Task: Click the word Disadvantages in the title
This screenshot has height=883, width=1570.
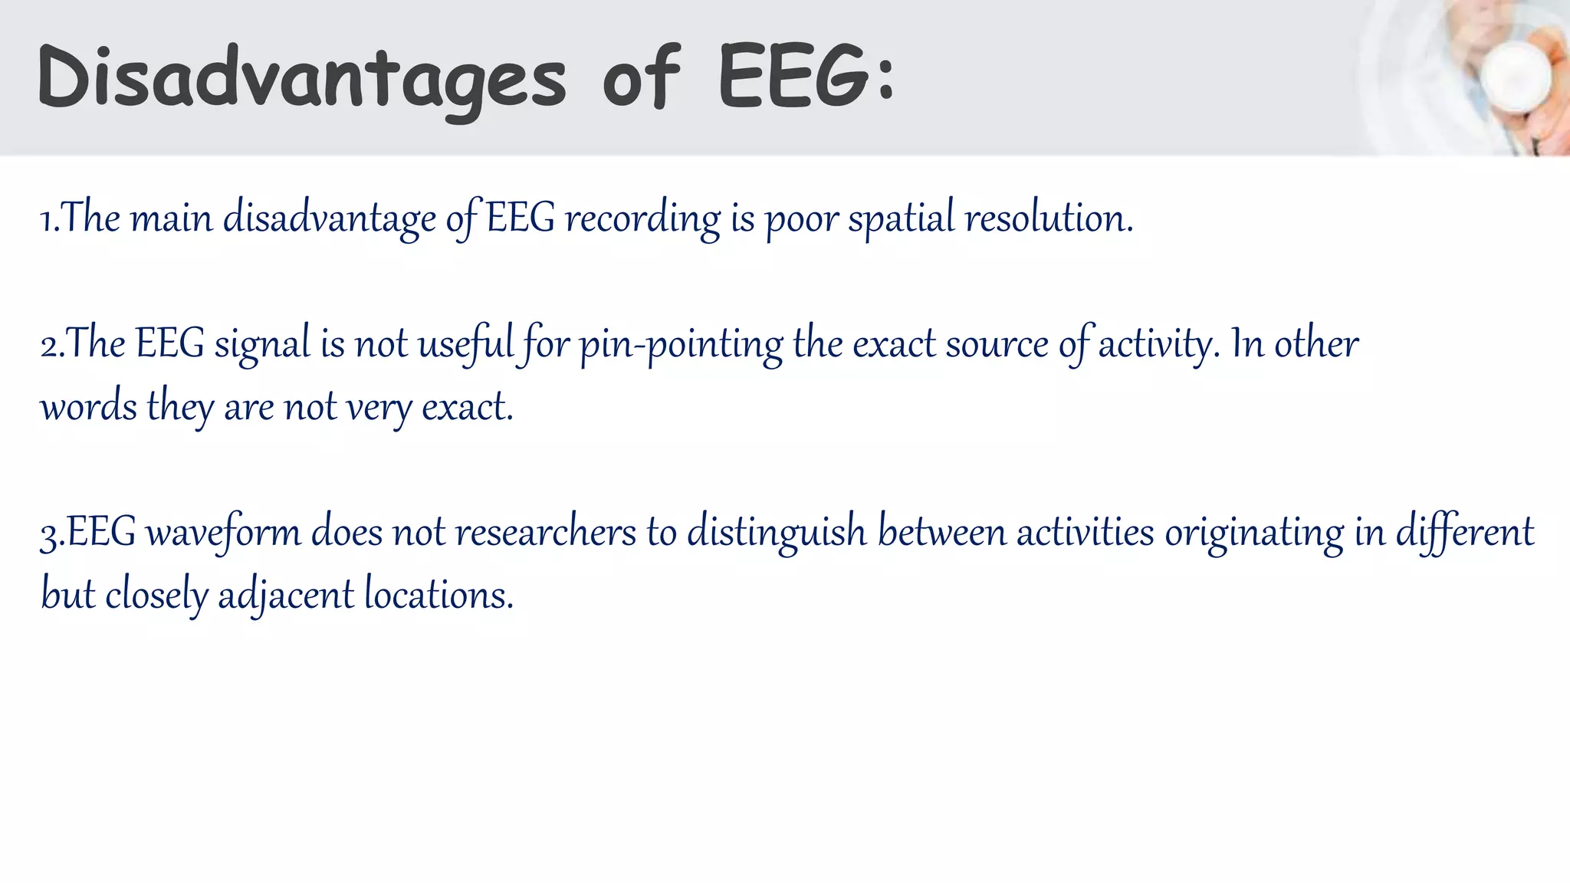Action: [x=301, y=79]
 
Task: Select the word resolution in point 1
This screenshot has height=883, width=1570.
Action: [x=1048, y=218]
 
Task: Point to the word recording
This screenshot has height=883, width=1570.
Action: [x=642, y=218]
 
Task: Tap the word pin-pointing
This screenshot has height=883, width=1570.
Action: [x=681, y=345]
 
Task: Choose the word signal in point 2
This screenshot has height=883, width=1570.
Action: [x=262, y=345]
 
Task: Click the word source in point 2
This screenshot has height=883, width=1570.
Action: [x=997, y=343]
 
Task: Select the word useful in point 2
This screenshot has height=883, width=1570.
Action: [x=465, y=343]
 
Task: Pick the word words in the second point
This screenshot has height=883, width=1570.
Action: [x=89, y=406]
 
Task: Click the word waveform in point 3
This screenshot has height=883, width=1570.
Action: [x=224, y=532]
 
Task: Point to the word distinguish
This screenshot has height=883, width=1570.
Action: [x=777, y=532]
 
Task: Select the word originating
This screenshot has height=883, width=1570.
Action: [x=1254, y=532]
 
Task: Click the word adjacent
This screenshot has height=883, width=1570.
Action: [x=286, y=595]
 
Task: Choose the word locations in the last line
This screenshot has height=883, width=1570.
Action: [x=438, y=595]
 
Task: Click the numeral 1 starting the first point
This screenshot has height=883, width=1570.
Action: [x=47, y=220]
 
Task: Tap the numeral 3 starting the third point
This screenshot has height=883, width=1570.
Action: [x=49, y=534]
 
